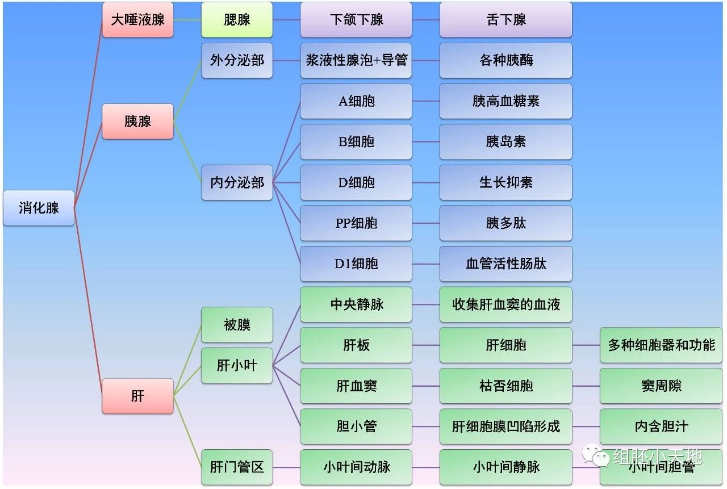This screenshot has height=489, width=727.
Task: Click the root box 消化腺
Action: (x=39, y=208)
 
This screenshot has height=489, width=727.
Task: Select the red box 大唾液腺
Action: (x=137, y=20)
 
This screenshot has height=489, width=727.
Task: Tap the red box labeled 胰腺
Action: (x=137, y=121)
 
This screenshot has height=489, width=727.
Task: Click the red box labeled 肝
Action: (x=137, y=396)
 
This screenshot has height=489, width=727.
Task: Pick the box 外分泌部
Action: (x=237, y=60)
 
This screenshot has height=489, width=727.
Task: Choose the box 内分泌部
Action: (x=237, y=182)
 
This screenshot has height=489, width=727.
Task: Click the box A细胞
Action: (x=356, y=101)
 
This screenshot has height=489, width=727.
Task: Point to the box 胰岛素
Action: (x=505, y=141)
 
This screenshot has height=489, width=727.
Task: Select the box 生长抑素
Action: (x=505, y=182)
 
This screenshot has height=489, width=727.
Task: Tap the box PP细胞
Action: (x=356, y=223)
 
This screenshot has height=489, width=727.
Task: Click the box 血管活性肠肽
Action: (x=505, y=264)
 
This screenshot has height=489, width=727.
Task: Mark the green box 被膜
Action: (x=237, y=325)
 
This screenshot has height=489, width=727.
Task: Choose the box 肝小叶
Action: (x=237, y=365)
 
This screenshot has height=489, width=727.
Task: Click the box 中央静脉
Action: (x=356, y=304)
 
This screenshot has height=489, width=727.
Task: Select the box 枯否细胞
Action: (x=505, y=386)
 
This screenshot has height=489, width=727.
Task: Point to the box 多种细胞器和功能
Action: (x=661, y=345)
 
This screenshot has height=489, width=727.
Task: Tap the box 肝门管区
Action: (x=237, y=467)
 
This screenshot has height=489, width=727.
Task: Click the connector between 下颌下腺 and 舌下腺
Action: (x=426, y=20)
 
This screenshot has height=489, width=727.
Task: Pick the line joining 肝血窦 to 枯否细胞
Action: (x=426, y=386)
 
